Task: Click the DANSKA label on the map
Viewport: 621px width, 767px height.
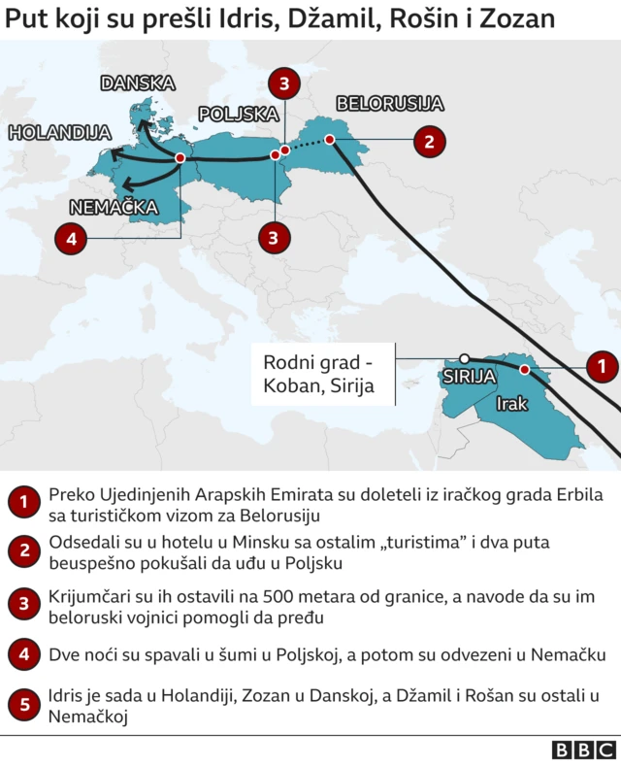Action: [137, 83]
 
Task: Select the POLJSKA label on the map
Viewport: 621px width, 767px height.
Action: [238, 115]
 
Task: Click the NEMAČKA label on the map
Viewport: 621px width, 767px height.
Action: [112, 206]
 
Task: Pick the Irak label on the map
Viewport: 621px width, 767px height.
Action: [511, 403]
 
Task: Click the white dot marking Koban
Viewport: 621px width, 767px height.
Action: [465, 358]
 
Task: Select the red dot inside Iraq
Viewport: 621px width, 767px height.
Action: [525, 369]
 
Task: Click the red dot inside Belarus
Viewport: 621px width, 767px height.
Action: [330, 140]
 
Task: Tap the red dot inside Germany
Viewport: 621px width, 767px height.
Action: [181, 158]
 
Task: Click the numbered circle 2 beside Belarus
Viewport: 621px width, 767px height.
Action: [428, 141]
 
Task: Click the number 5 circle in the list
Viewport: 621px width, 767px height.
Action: [21, 706]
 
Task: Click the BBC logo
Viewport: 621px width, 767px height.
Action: [584, 750]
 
